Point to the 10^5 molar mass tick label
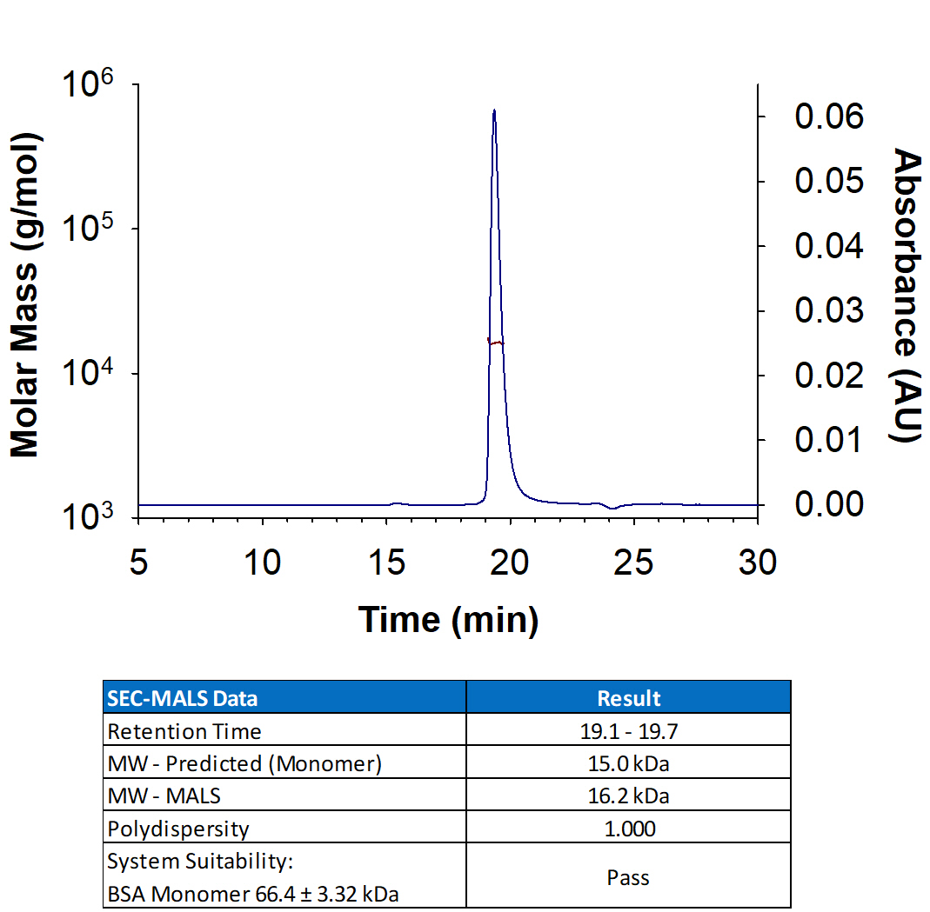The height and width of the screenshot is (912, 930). [x=90, y=232]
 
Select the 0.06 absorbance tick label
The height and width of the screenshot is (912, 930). [x=829, y=116]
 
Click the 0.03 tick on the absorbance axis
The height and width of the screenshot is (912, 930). [x=829, y=310]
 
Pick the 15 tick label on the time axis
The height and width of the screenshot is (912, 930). [x=386, y=563]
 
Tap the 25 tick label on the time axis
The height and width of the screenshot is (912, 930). [x=633, y=563]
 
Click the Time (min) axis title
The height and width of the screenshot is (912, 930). [x=448, y=619]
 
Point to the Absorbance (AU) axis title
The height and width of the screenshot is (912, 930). [x=907, y=296]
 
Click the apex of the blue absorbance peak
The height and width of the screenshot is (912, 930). [x=494, y=110]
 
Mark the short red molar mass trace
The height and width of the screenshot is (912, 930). [x=496, y=343]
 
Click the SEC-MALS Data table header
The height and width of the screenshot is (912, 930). [x=182, y=698]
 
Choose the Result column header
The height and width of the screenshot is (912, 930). [x=628, y=698]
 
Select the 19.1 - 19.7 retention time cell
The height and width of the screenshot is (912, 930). [x=628, y=731]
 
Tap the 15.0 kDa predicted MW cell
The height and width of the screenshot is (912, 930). [x=628, y=763]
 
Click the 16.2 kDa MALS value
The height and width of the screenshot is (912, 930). [x=628, y=796]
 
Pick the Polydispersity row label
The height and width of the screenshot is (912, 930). [x=178, y=829]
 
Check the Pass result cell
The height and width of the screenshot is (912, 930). [x=628, y=877]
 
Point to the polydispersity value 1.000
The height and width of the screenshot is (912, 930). [x=628, y=829]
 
